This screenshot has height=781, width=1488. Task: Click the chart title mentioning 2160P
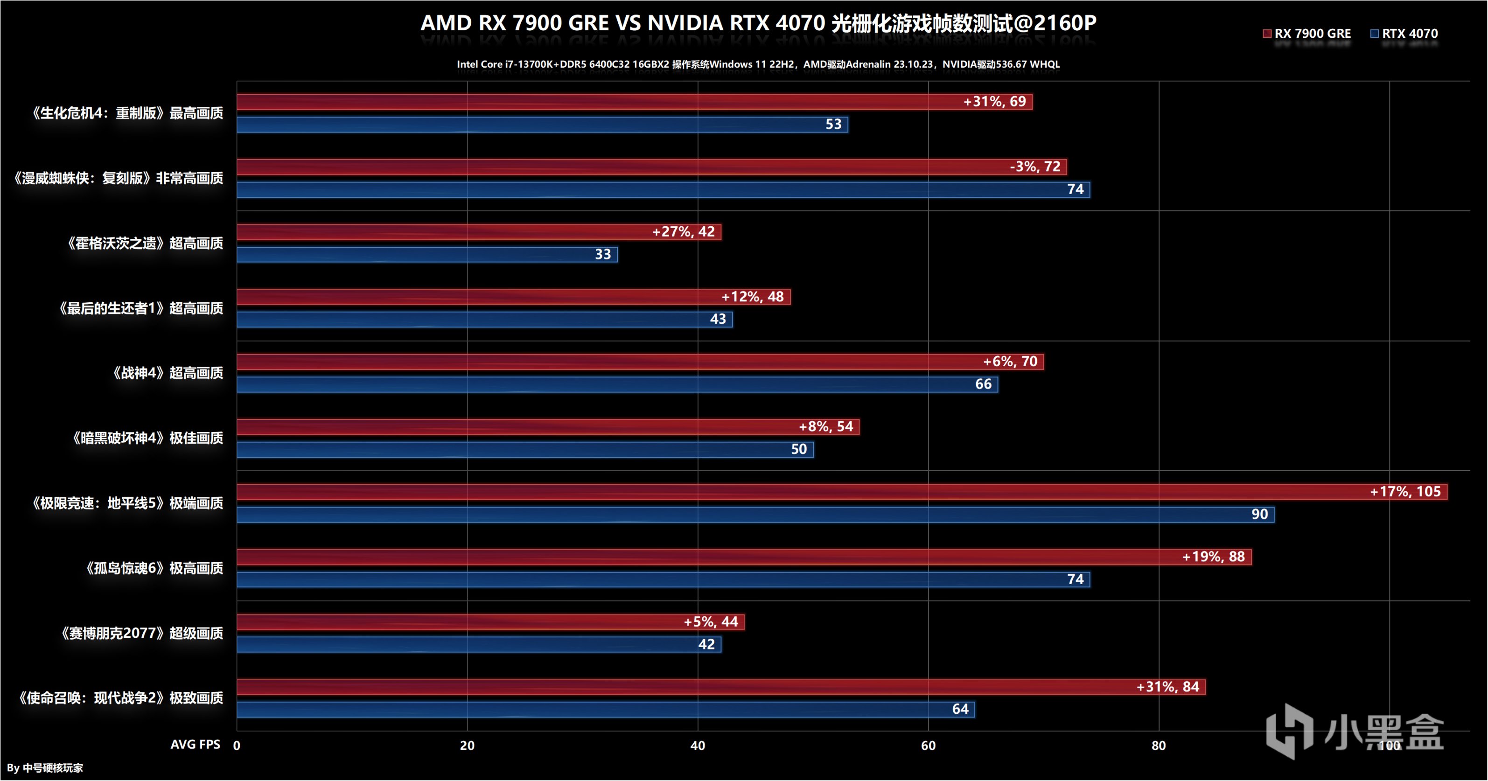(x=758, y=23)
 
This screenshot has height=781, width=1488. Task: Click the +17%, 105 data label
(x=1405, y=492)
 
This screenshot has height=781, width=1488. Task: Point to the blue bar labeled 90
(x=751, y=515)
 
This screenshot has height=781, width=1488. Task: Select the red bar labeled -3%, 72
(x=636, y=167)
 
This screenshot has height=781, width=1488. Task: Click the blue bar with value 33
(x=427, y=255)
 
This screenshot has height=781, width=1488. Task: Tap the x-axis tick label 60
(x=928, y=745)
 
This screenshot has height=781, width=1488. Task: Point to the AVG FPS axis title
(x=195, y=744)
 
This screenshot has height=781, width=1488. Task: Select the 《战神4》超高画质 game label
(x=168, y=373)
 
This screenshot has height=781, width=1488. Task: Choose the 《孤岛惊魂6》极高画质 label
(x=154, y=568)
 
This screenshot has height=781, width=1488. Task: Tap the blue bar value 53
(x=833, y=124)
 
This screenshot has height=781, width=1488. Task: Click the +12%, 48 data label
(x=752, y=297)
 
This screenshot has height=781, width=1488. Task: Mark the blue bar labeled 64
(x=607, y=709)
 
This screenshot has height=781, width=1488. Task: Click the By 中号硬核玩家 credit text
(x=45, y=768)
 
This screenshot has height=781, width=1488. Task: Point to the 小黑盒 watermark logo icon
(x=1289, y=731)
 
